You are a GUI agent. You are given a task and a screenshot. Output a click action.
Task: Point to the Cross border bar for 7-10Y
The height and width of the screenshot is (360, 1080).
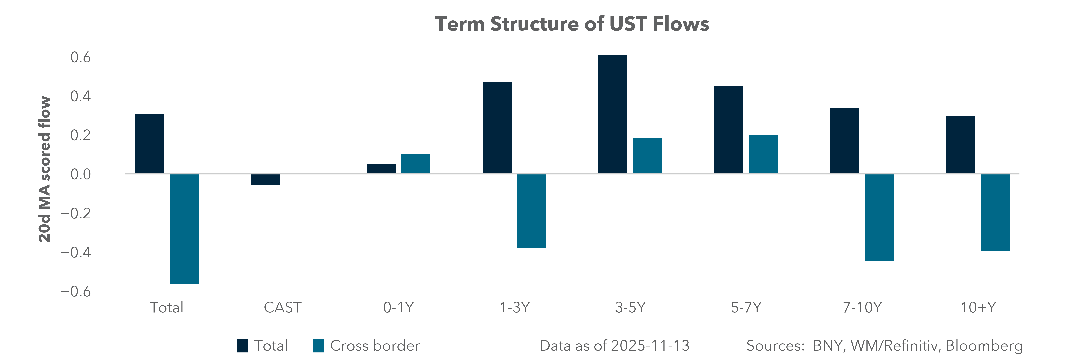tap(879, 217)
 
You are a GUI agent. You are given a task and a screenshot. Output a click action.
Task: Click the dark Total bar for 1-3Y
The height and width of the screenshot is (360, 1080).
tap(497, 127)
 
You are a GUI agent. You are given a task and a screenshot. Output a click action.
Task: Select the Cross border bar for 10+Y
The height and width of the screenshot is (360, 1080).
tap(995, 212)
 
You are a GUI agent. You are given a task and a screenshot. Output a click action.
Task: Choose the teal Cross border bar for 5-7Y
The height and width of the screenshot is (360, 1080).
tap(763, 154)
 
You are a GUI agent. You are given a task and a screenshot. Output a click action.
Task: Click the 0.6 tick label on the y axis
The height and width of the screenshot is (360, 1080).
tap(80, 57)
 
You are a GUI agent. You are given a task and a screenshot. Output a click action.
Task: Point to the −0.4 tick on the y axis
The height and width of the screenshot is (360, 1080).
tap(76, 252)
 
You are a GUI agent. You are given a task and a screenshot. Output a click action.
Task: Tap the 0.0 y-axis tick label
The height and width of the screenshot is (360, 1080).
tap(80, 174)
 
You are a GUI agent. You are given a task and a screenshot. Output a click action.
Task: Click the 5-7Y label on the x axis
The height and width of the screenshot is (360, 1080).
tap(746, 308)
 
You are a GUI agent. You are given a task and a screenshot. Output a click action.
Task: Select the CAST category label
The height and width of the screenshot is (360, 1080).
tap(282, 308)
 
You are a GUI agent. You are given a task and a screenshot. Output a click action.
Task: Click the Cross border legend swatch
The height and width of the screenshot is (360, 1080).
tap(319, 346)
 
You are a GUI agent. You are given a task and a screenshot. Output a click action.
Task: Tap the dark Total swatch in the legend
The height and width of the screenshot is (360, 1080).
tap(242, 346)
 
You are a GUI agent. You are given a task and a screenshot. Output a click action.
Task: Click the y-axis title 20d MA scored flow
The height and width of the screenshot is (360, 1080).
tap(44, 169)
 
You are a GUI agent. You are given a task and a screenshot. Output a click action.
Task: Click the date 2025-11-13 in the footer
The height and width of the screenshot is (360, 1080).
tap(650, 346)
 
